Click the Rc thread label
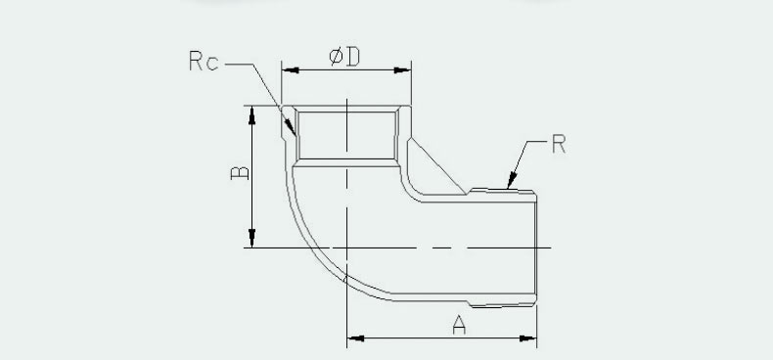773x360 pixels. click(204, 62)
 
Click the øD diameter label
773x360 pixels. click(344, 57)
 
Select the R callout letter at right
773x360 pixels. click(559, 144)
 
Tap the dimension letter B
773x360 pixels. click(240, 172)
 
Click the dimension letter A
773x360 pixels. click(459, 325)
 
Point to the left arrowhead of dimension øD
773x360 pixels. click(290, 70)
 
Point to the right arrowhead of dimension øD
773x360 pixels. click(402, 70)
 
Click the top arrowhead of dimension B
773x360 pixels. click(251, 114)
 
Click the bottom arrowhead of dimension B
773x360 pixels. click(251, 238)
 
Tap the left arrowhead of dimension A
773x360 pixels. click(355, 338)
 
